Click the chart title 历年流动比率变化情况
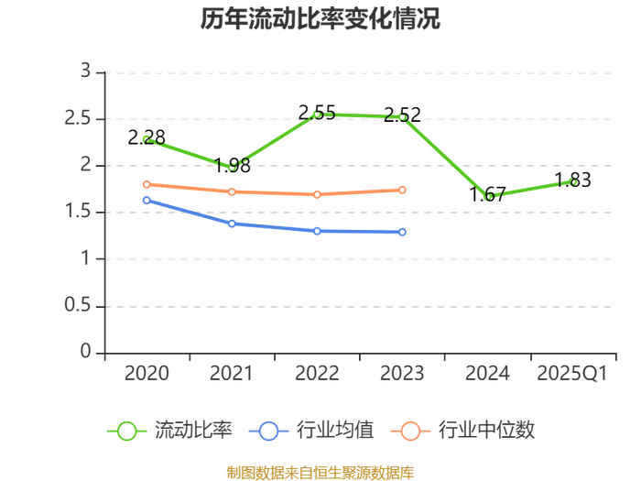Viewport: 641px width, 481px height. point(320,19)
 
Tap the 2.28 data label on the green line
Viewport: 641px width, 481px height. point(147,137)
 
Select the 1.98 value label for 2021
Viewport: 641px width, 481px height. point(233,165)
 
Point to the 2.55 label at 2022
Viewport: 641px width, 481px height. point(317,113)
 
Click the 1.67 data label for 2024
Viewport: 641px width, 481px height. point(487,194)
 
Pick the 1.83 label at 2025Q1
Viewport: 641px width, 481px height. point(572,180)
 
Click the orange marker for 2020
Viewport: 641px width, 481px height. point(147,184)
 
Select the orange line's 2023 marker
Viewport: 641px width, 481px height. point(402,191)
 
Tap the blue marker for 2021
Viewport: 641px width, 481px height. point(232,224)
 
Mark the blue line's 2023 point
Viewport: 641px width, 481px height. point(402,233)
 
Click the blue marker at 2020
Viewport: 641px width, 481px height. point(147,201)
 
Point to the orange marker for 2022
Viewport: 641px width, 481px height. point(317,194)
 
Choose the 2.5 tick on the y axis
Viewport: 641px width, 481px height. point(77,118)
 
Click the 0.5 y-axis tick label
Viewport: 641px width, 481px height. point(77,305)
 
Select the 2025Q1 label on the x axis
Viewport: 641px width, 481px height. point(572,374)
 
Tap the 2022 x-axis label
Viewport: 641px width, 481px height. point(317,374)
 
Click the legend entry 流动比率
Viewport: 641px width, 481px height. point(169,431)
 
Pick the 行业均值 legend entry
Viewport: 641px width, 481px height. point(311,431)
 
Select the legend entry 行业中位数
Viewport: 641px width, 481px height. point(462,431)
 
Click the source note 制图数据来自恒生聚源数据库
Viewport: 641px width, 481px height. point(320,473)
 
